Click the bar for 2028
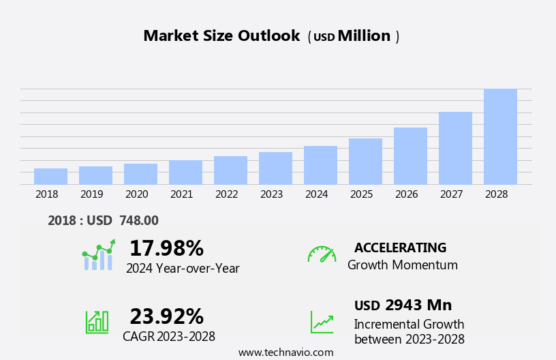[x=500, y=136]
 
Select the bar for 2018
[x=50, y=176]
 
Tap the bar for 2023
[x=275, y=168]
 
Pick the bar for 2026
[x=410, y=155]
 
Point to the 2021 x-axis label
[x=181, y=194]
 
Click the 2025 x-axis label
[x=361, y=194]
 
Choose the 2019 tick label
[x=91, y=194]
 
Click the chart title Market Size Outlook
[x=221, y=36]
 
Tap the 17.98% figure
[x=166, y=248]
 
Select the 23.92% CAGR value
[x=166, y=316]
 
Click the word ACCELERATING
[x=400, y=247]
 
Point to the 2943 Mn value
[x=418, y=305]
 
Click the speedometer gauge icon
[x=322, y=254]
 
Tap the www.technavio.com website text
[x=285, y=352]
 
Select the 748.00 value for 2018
[x=138, y=220]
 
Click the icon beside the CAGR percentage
[x=97, y=321]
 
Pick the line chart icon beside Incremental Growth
[x=322, y=322]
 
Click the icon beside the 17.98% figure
[x=98, y=255]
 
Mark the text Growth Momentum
[x=402, y=265]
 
